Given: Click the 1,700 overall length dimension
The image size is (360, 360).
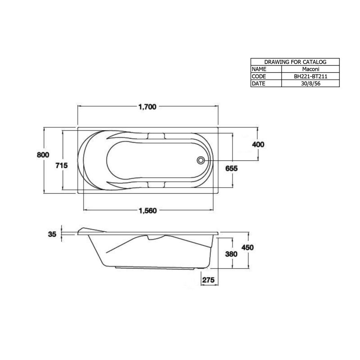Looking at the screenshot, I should coord(147,107).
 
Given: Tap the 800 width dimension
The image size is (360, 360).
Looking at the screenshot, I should coord(43,155).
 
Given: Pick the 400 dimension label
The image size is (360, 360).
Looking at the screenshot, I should coord(258,144).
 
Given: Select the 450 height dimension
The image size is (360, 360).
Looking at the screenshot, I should coord(248,248).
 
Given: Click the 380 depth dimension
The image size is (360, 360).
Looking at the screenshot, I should coord(231,254).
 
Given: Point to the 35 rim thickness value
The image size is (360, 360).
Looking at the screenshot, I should coord(52,234).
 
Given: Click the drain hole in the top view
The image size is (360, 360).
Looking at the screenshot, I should coord(200,160).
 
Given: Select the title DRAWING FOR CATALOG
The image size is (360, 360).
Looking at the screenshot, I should coord(295,62).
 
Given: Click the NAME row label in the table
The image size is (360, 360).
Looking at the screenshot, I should coord(259,69).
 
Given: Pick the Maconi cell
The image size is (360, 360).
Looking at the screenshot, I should coord(310,69).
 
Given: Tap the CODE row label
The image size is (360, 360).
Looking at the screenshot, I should coord(259,76).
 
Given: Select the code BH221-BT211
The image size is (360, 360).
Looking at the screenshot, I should coord(310,76).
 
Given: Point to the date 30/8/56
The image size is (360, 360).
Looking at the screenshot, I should coord(310,83).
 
